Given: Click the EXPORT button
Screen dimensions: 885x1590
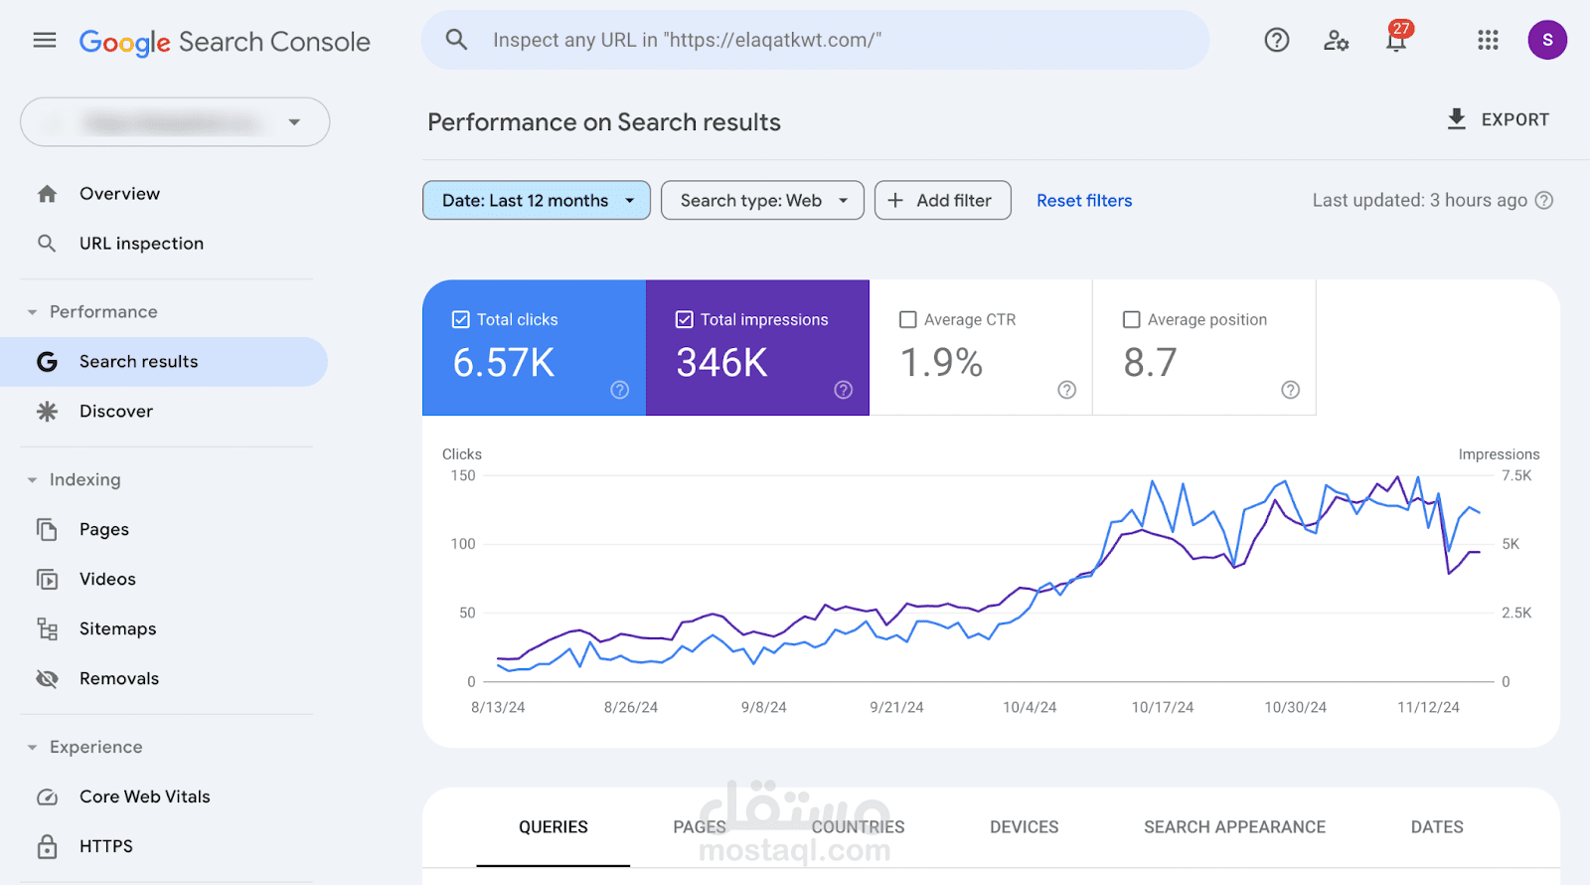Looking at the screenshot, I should click(1498, 119).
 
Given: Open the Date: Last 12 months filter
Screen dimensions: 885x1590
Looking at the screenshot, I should click(537, 200).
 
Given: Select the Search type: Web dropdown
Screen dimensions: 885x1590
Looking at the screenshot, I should click(762, 200).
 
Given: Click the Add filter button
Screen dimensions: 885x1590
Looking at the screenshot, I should click(942, 200).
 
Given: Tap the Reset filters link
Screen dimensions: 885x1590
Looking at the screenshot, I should click(1084, 200).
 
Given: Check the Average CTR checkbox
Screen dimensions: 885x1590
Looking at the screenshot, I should click(907, 319).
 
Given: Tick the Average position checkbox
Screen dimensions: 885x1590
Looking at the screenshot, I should click(1131, 319).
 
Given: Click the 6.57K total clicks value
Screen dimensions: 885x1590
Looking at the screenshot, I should click(504, 363).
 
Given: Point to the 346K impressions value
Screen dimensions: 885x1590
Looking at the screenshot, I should click(722, 363).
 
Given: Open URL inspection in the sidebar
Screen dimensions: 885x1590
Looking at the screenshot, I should click(141, 244).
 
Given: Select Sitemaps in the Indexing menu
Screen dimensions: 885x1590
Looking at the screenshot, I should click(117, 628).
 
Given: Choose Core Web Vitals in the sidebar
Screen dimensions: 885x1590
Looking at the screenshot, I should click(144, 796).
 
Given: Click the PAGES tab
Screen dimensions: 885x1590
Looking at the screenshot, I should click(700, 826).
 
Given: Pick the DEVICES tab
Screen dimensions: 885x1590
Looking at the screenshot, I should click(1024, 826).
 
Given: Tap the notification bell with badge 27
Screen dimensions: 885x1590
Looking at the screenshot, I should click(1396, 40).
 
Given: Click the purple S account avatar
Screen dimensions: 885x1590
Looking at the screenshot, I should click(1547, 40).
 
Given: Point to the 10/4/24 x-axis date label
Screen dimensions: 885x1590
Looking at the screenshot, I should click(1030, 707).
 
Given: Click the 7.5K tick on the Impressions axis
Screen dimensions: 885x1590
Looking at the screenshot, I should click(1516, 475).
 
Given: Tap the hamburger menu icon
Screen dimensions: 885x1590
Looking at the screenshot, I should click(45, 40).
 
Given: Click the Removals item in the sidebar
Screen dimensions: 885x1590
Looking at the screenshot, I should click(119, 678).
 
